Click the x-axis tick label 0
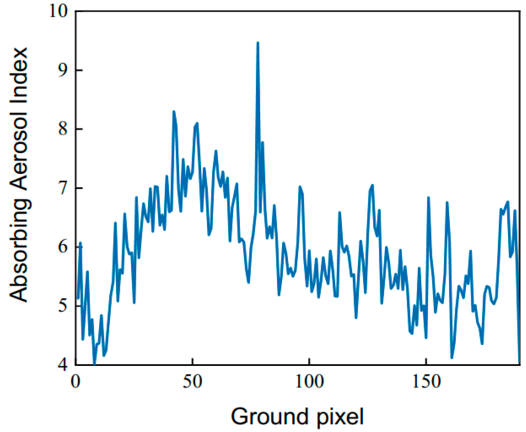coord(76,381)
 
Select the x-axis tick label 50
coord(192,381)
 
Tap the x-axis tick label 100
coord(309,381)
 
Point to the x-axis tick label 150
coord(426,381)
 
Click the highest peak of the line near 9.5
coord(258,43)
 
